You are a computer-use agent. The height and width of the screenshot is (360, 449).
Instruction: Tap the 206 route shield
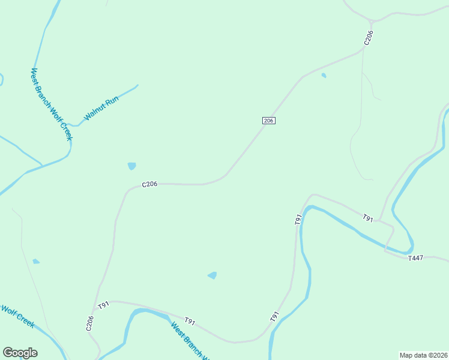coord(269,121)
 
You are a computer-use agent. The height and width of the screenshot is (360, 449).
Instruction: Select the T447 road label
coord(415,258)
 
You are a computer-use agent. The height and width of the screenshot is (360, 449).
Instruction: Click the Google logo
coord(20,353)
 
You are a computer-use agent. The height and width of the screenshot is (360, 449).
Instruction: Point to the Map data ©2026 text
coord(423,355)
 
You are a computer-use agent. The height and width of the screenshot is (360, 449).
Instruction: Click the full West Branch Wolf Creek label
coord(52,104)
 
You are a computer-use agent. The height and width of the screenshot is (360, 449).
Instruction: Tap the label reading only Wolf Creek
coord(17,316)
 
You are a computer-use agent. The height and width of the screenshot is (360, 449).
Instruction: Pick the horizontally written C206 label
coord(149,184)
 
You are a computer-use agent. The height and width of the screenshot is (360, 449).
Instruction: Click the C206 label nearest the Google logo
coord(89,323)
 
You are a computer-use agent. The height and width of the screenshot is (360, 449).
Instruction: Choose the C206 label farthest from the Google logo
coord(369,38)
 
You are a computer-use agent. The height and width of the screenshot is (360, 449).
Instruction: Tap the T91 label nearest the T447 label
coord(368,219)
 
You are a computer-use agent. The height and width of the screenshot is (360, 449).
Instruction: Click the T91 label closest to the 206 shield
coord(298,219)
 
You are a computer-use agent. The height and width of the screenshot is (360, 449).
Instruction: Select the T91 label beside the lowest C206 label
coord(104,305)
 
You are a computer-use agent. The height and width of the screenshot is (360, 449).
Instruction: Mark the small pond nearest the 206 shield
coord(324,76)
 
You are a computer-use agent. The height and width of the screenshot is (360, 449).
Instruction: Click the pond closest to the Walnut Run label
coord(131,166)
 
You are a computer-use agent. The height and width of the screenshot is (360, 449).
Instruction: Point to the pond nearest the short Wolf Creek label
coord(36,261)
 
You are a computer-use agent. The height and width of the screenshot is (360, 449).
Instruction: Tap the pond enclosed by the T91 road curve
coord(212,275)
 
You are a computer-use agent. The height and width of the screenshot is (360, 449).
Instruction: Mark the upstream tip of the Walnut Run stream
coord(137,85)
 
